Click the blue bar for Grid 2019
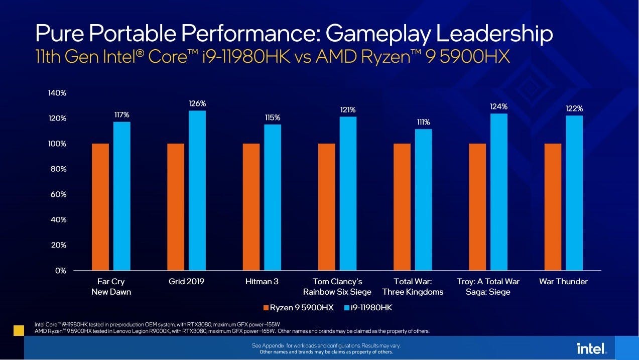pos(197,191)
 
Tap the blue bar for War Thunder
pos(574,193)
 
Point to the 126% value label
pos(197,104)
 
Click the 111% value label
pos(423,123)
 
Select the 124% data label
pos(499,107)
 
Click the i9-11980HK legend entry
pos(367,307)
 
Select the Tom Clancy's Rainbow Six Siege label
pos(337,287)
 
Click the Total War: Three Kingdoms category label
pos(413,287)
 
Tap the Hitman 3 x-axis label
pos(262,282)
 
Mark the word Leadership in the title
pos(494,34)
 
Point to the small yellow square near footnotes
pos(19,330)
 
